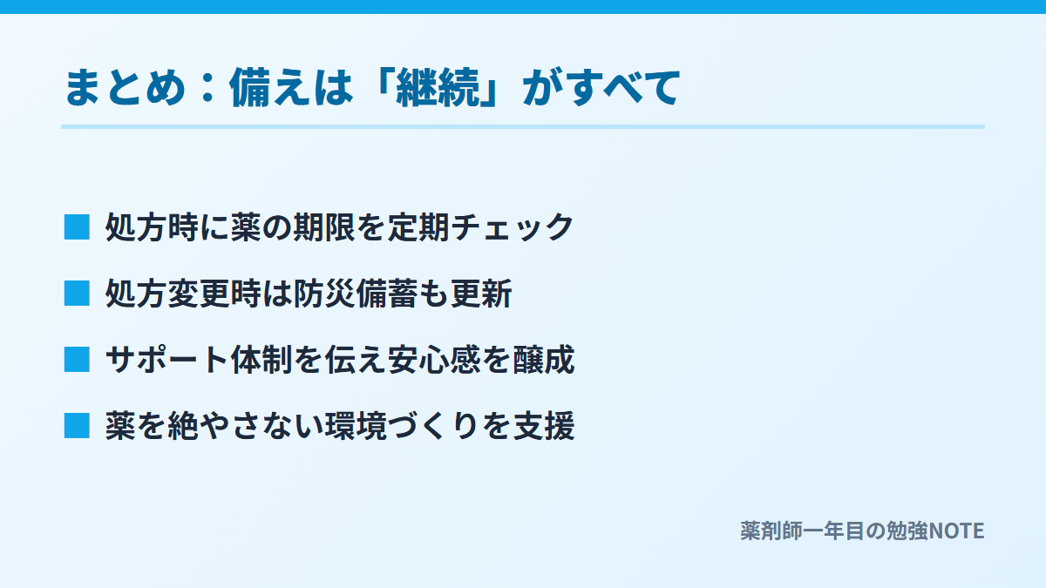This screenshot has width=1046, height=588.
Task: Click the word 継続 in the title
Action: [438, 87]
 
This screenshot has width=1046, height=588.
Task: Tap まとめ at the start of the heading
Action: [125, 87]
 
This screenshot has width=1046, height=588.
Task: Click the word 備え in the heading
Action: [269, 87]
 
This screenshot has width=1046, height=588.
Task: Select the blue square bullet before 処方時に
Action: [77, 227]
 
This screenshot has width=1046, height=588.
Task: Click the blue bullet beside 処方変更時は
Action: [77, 294]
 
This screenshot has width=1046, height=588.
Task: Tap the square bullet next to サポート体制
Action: [77, 360]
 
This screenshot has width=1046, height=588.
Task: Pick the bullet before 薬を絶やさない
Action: [77, 426]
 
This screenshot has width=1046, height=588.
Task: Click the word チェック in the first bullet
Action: [513, 227]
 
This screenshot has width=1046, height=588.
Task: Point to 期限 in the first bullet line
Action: [324, 227]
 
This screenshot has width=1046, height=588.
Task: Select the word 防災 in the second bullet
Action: [324, 294]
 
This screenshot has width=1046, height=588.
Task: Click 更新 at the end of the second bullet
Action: [481, 294]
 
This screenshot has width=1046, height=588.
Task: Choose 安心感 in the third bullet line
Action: [434, 360]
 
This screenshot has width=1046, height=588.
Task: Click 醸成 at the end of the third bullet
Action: [544, 360]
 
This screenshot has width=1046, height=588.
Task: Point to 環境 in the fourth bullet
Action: [356, 426]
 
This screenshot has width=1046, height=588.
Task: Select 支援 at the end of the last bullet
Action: [544, 426]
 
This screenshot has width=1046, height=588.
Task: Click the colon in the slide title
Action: [207, 88]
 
